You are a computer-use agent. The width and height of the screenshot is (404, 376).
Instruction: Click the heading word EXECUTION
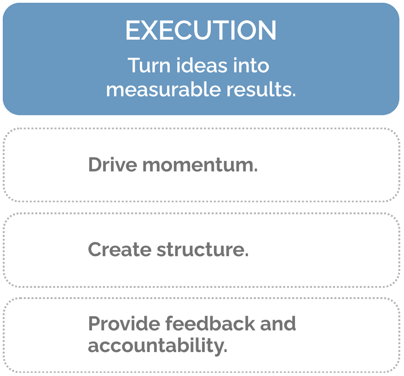(201, 31)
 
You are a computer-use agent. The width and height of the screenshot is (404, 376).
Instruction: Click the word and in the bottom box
(278, 323)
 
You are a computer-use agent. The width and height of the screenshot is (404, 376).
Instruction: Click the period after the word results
(293, 94)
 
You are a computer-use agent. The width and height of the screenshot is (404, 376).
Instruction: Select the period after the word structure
(247, 255)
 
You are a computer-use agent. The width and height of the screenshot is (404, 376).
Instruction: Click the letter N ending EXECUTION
(267, 31)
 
